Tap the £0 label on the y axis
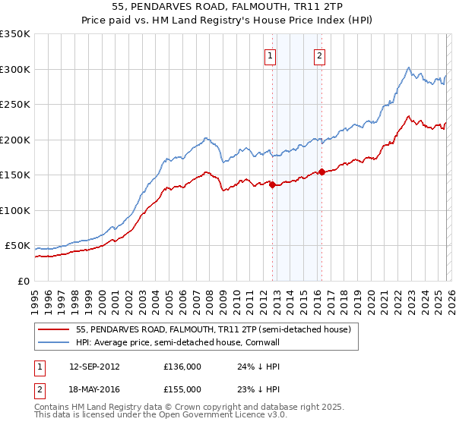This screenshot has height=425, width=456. pyautogui.click(x=24, y=282)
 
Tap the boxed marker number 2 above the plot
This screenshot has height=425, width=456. pyautogui.click(x=319, y=55)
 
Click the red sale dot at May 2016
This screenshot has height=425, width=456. pyautogui.click(x=321, y=172)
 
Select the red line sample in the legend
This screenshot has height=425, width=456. pyautogui.click(x=55, y=330)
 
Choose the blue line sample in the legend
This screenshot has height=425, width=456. pyautogui.click(x=55, y=343)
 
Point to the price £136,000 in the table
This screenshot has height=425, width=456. pyautogui.click(x=182, y=367)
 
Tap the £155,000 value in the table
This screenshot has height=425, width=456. pyautogui.click(x=182, y=389)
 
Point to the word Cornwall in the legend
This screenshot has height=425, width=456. pyautogui.click(x=260, y=343)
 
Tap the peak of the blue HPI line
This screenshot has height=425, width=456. pyautogui.click(x=409, y=67)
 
